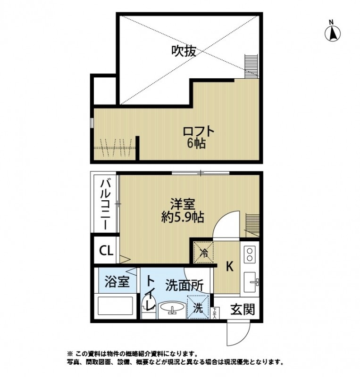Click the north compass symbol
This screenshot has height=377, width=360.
(332, 32)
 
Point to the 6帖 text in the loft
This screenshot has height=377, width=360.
(196, 145)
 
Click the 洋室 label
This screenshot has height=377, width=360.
(182, 204)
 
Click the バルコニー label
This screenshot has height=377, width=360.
(106, 204)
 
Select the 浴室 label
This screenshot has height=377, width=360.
(117, 283)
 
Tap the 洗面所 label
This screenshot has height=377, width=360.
(184, 285)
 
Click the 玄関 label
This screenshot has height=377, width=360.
(243, 310)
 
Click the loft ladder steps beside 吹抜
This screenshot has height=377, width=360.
(251, 66)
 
